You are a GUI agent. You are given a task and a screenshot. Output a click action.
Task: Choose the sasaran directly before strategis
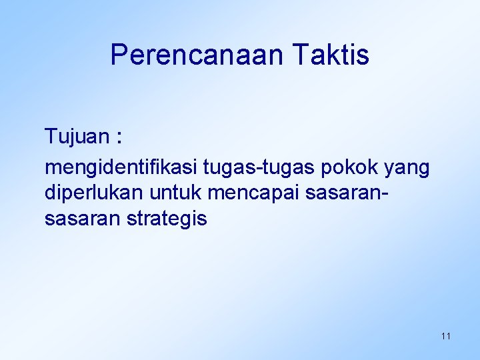[81, 219]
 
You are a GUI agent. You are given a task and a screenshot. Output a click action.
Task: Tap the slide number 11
[445, 336]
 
